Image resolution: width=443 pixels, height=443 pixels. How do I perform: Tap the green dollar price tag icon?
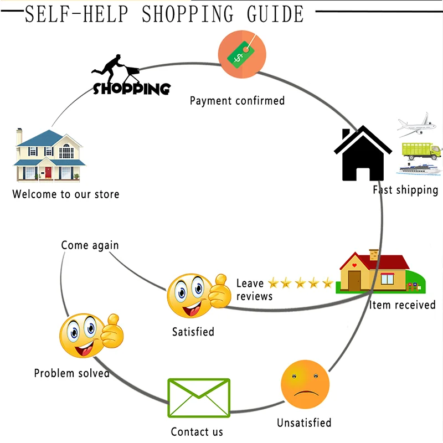241,54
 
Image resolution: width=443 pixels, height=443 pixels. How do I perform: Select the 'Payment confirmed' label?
237,101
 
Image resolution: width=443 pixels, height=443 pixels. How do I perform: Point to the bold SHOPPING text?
132,89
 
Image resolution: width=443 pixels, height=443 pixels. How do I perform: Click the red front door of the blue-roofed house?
48,172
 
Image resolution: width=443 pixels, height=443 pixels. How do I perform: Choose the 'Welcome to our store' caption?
66,194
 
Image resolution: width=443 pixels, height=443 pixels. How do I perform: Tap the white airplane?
416,125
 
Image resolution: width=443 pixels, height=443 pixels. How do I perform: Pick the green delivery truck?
421,151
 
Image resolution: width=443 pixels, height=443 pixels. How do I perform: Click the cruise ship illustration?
420,169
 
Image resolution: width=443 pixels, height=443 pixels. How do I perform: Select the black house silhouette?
363,153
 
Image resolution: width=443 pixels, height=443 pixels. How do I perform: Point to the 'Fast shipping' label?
405,190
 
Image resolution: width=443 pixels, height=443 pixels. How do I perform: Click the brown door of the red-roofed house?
354,280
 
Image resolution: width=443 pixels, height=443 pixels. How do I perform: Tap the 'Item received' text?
403,305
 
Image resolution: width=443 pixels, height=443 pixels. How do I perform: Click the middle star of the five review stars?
300,282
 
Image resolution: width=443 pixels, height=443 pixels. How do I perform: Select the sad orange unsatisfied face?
305,384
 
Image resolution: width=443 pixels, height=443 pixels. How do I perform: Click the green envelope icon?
199,398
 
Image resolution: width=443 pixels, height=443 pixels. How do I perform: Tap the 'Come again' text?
90,245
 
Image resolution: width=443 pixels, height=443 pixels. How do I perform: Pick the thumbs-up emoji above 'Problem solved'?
91,336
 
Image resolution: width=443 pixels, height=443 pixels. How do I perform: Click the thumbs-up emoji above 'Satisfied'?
199,296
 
